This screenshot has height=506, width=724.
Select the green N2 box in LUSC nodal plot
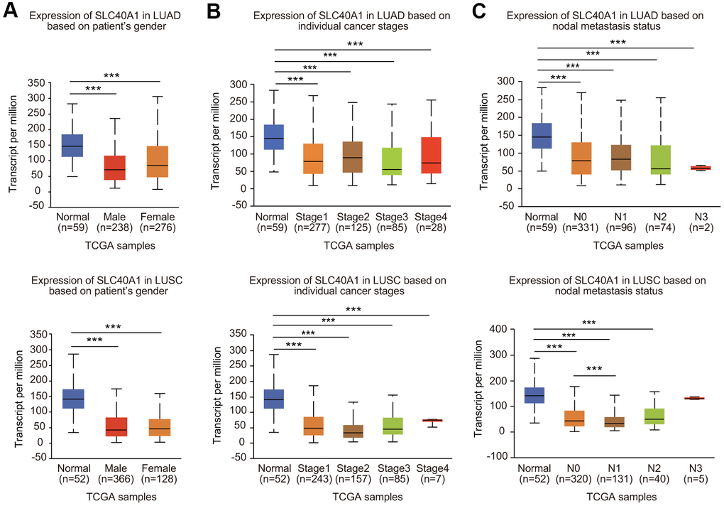(x=654, y=416)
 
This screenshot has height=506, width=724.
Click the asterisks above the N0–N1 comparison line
(x=594, y=370)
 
